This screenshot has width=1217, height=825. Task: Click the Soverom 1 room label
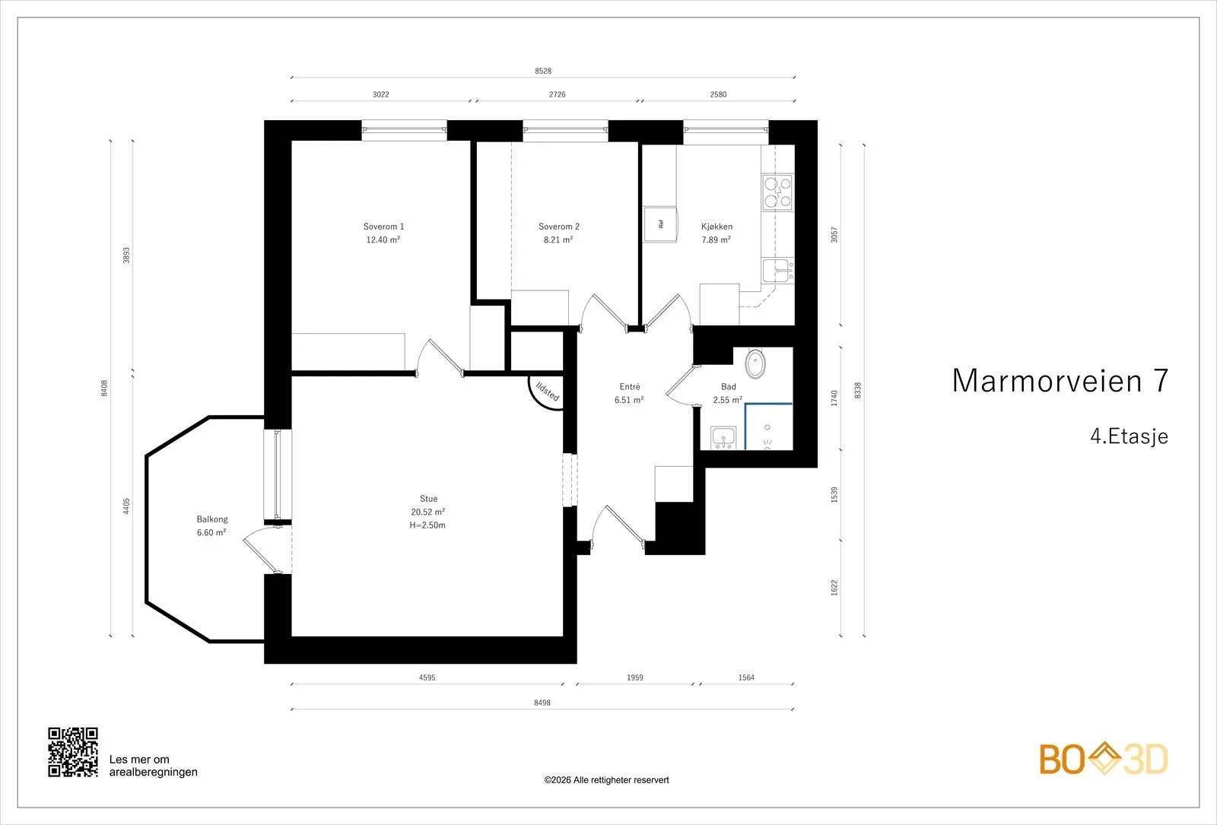coord(383,227)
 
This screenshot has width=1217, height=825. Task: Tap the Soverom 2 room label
coord(559,227)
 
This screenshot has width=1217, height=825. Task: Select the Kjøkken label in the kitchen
coord(717,227)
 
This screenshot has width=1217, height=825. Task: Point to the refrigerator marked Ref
coord(661,224)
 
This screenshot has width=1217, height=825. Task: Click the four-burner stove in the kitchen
coord(777,192)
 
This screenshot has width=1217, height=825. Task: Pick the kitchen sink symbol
coord(778,271)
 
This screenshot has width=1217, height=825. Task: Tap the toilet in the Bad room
coord(755,363)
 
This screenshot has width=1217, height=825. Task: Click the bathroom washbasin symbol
coord(723,437)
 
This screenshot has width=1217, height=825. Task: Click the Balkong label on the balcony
coord(212,519)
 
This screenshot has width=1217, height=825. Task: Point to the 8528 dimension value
coord(543,71)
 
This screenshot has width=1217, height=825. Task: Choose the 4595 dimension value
coord(427,677)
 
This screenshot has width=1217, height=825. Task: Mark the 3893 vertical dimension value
coord(126,255)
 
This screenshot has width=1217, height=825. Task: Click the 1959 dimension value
coord(634,677)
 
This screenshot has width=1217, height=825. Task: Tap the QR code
coord(73,752)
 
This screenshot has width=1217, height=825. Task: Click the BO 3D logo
coord(1104,759)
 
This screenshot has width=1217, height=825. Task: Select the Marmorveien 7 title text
coord(1060,380)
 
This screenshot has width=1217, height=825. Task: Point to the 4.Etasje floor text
coord(1129,436)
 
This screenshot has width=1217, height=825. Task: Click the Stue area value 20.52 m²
coord(428,512)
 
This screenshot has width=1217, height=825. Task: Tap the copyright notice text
coord(606,780)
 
